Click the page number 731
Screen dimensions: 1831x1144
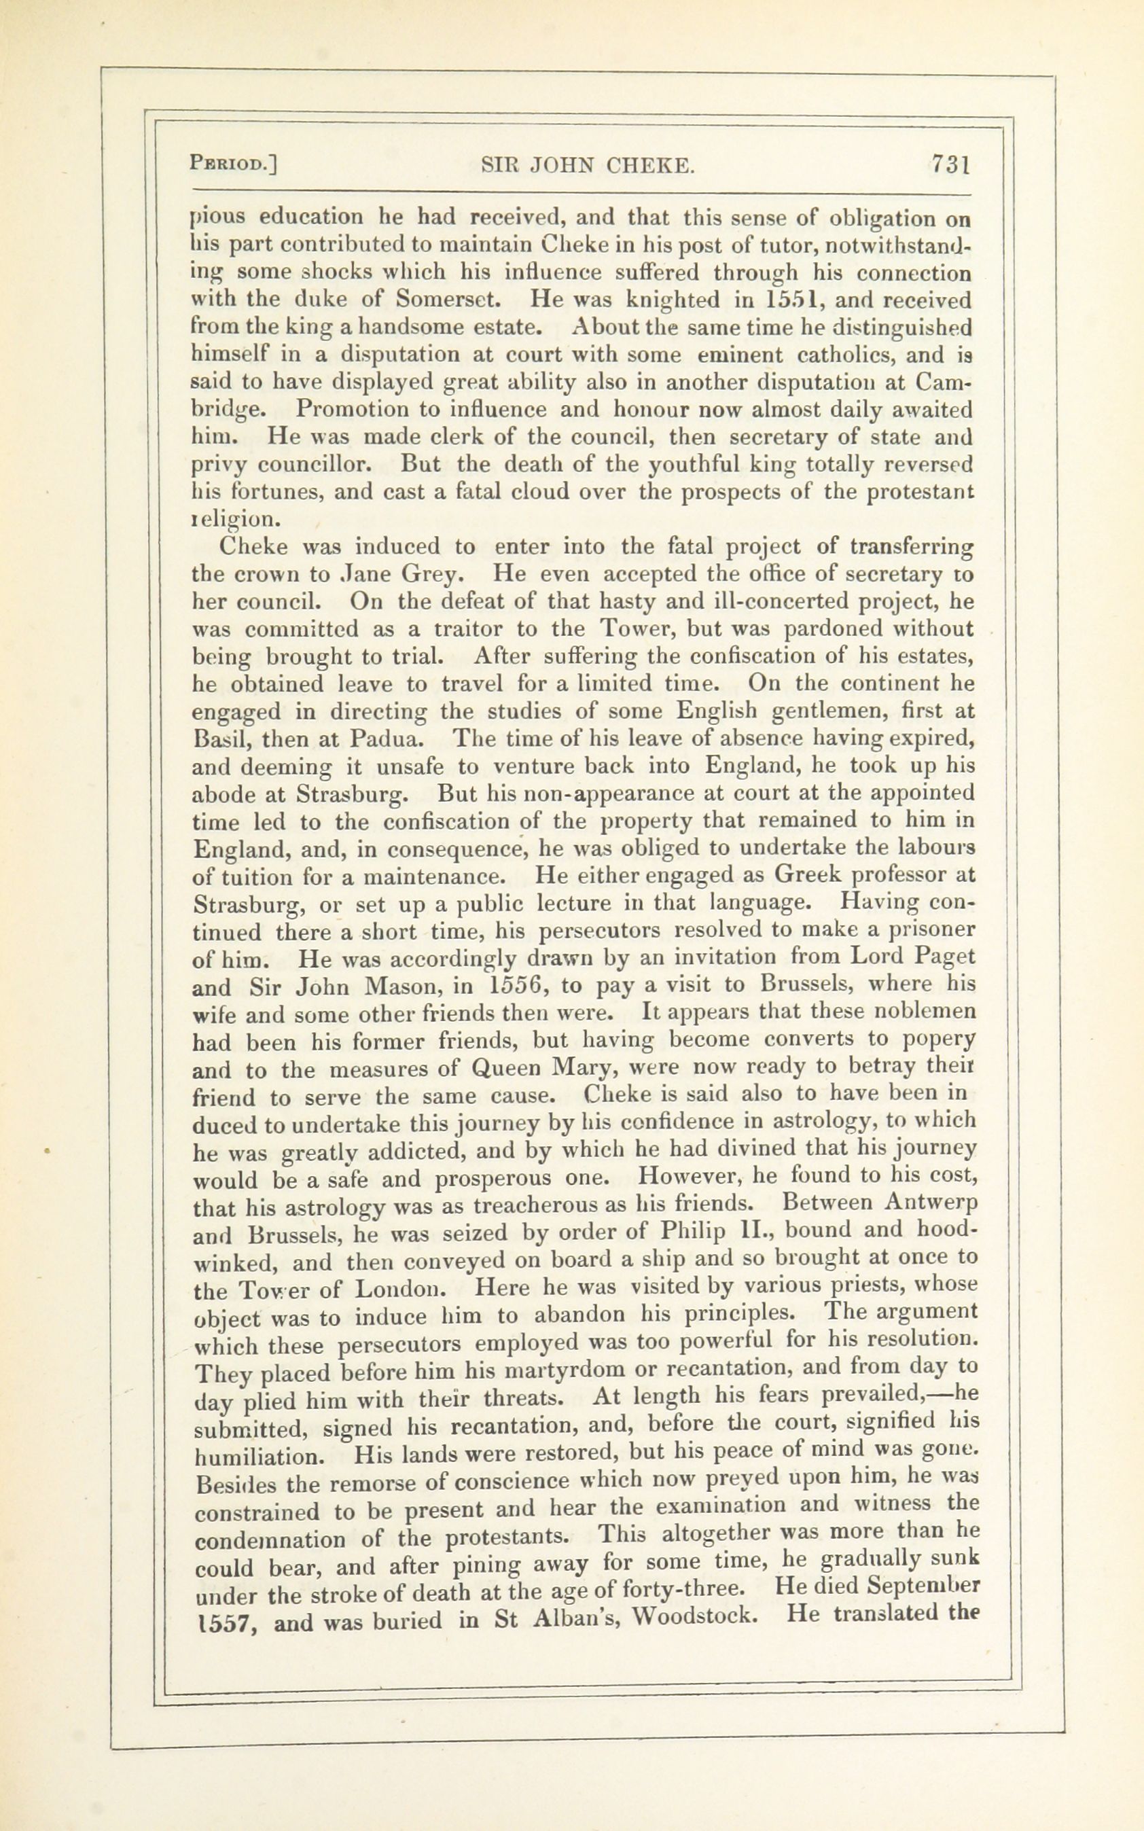951,165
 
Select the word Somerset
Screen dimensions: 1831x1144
446,300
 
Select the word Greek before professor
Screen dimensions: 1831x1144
806,875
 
